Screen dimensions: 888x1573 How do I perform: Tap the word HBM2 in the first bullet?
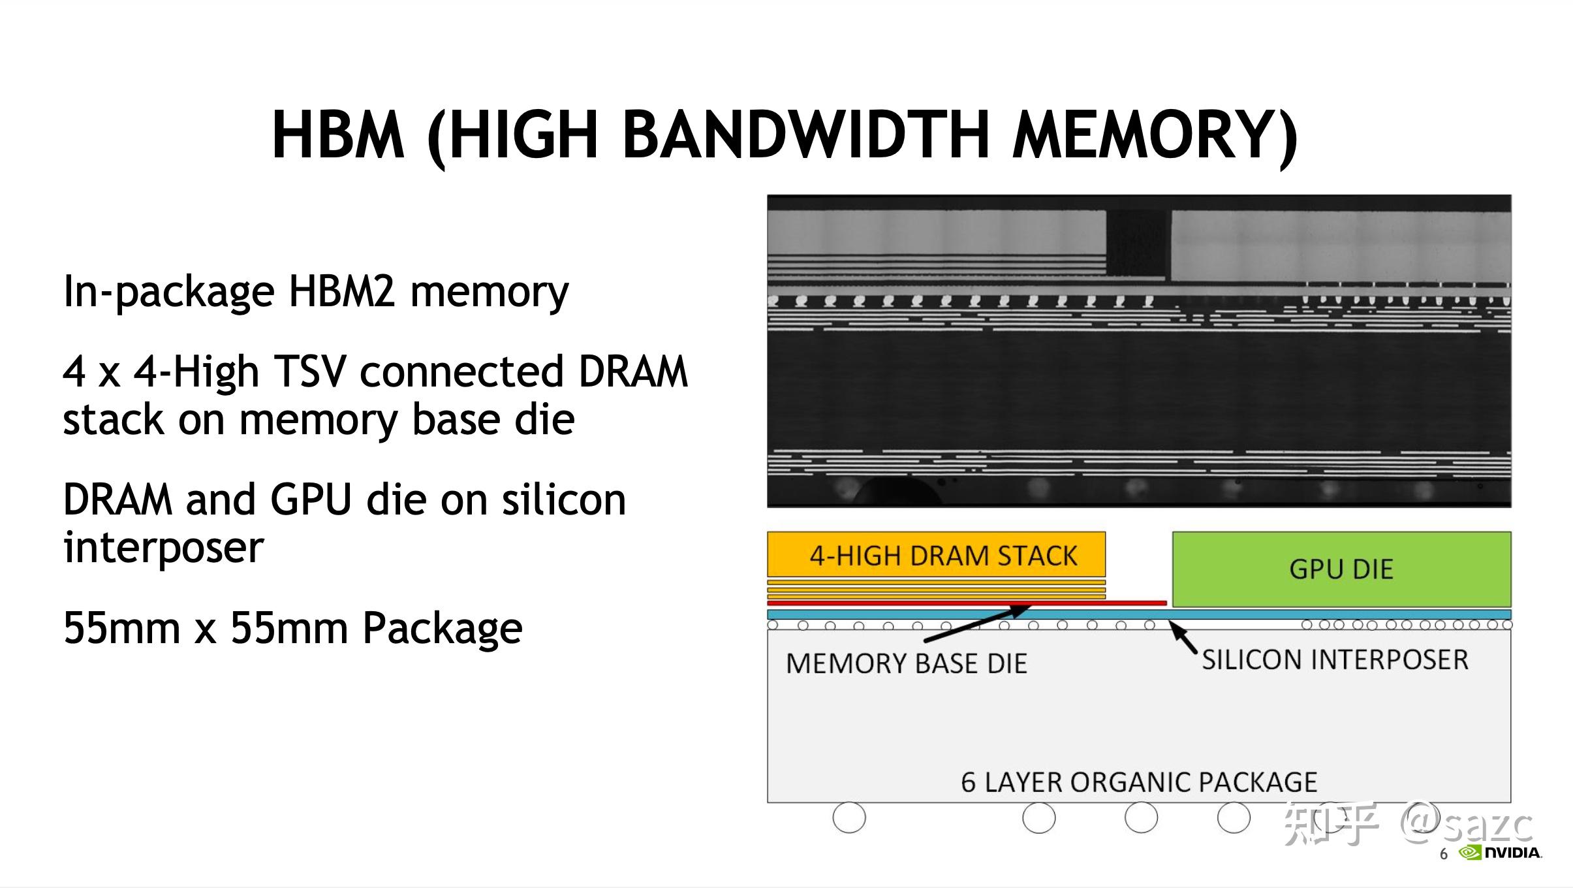point(341,291)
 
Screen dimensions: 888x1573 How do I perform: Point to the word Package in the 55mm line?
point(443,628)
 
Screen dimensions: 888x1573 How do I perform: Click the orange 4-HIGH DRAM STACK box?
point(936,554)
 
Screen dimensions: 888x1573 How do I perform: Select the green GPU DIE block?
point(1341,569)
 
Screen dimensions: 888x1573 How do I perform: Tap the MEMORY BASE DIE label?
point(906,663)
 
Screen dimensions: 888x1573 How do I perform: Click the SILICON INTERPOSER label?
point(1335,659)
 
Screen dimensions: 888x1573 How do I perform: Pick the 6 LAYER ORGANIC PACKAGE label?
point(1139,782)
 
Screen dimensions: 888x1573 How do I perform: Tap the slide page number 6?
point(1444,854)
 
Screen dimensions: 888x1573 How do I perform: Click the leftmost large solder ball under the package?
point(849,817)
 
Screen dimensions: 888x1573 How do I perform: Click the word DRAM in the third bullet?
point(117,499)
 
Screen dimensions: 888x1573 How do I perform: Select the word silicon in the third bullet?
point(563,499)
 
